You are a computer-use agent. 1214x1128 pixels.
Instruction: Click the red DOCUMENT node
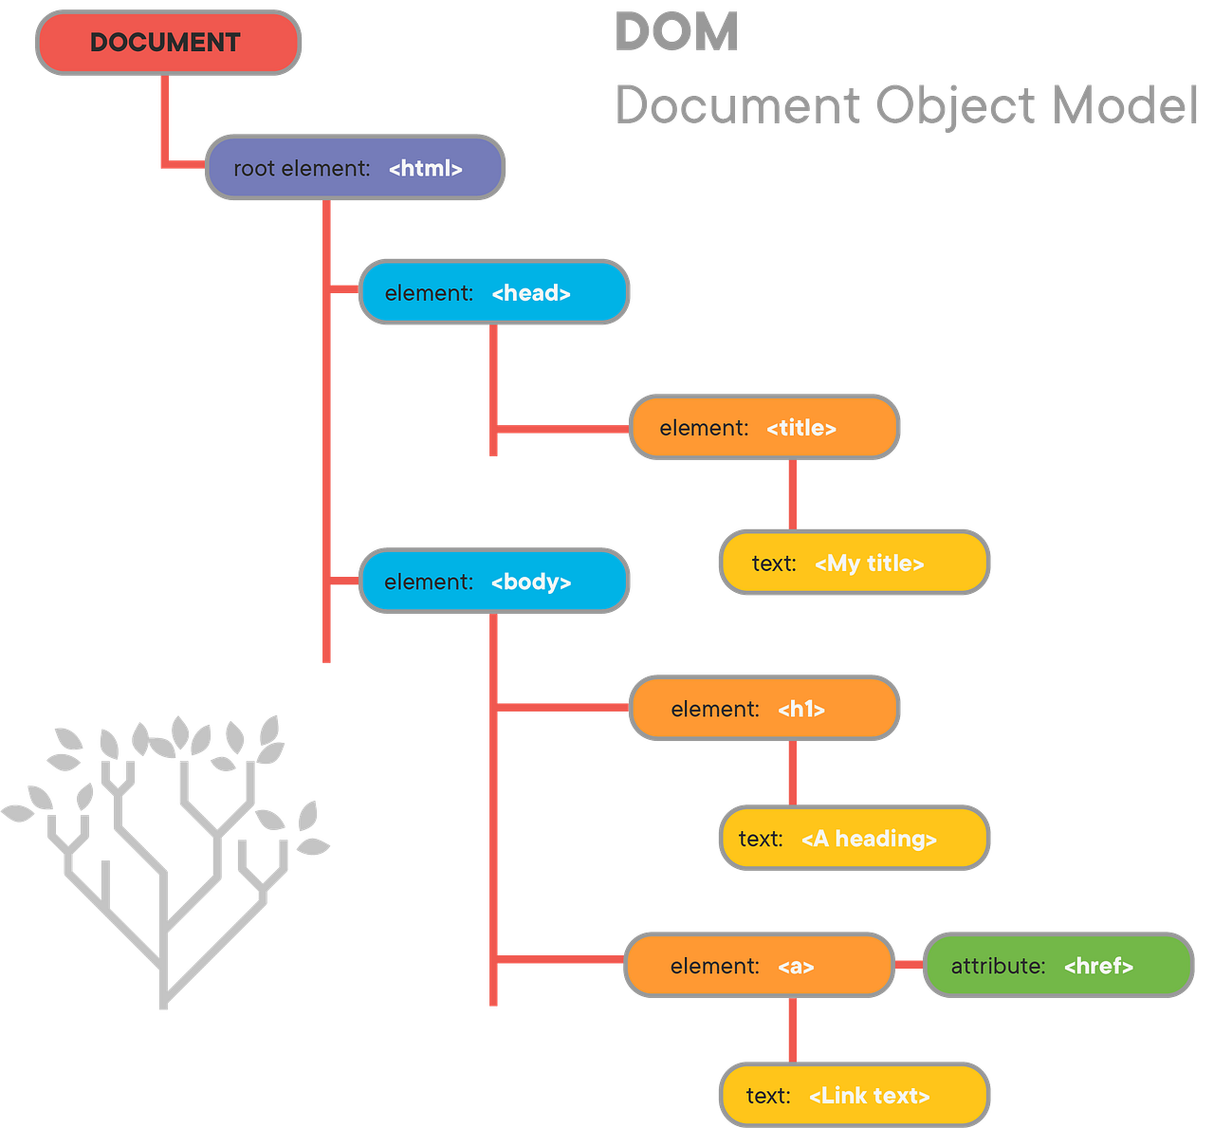tap(168, 43)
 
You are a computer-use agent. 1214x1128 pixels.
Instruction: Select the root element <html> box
tap(355, 168)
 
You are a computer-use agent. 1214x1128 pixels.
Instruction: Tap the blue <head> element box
tap(493, 292)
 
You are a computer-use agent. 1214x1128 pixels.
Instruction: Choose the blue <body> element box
tap(493, 581)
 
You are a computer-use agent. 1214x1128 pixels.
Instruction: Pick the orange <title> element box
tap(763, 428)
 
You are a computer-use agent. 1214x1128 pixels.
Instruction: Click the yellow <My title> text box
tap(854, 563)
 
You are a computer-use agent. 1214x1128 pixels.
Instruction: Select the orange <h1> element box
tap(763, 708)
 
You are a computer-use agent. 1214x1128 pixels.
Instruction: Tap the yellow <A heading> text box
tap(854, 839)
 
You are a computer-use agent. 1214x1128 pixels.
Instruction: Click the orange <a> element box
tap(759, 966)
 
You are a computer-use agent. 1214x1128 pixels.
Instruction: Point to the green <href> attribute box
tap(1058, 966)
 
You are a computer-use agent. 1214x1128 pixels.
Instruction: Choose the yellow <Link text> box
tap(854, 1095)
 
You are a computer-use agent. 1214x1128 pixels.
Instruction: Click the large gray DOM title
tap(676, 33)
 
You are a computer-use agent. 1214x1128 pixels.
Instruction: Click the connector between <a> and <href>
tap(909, 965)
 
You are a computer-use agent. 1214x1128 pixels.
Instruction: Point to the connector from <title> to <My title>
tap(792, 494)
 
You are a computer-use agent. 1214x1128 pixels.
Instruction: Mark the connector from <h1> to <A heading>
tap(792, 773)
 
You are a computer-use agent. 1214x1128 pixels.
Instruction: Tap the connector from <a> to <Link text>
tap(792, 1029)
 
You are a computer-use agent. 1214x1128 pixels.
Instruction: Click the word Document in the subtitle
tap(738, 104)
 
